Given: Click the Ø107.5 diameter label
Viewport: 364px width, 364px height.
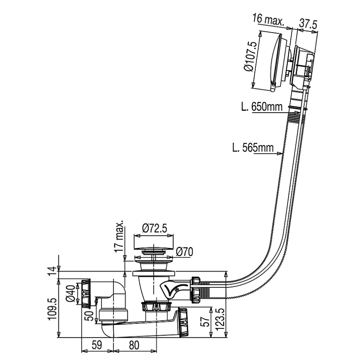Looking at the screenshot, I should click(x=248, y=57).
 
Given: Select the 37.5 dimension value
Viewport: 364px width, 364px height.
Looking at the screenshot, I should click(x=308, y=24).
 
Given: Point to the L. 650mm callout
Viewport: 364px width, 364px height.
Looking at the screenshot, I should click(x=261, y=106).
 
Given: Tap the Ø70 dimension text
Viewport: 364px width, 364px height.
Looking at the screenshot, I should click(x=184, y=252).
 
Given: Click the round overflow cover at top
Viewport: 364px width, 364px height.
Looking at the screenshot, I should click(x=271, y=62).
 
